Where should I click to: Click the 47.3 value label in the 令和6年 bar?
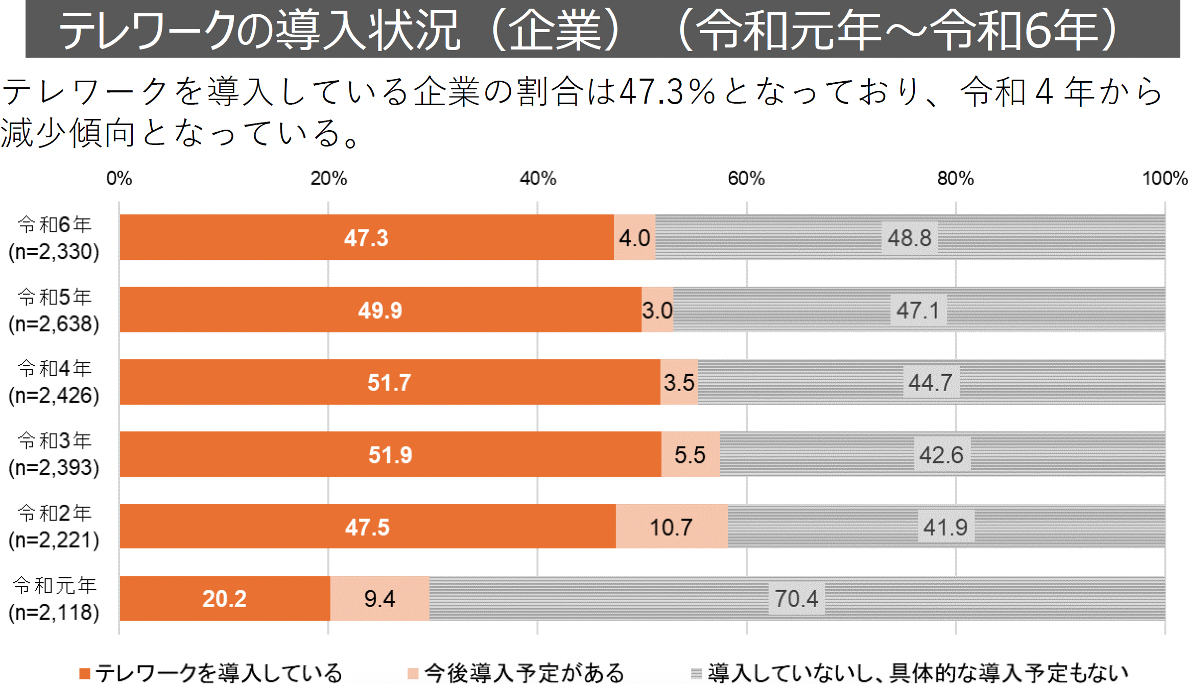pyautogui.click(x=366, y=238)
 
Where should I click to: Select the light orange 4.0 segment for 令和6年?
pyautogui.click(x=634, y=238)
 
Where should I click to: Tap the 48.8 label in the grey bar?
pyautogui.click(x=909, y=238)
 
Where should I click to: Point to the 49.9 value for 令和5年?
pyautogui.click(x=380, y=310)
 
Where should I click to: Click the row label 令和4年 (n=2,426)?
pyautogui.click(x=54, y=382)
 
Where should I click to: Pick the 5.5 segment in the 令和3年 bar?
pyautogui.click(x=690, y=455)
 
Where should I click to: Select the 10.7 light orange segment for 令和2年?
pyautogui.click(x=671, y=527)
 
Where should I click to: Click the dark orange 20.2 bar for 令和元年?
pyautogui.click(x=224, y=599)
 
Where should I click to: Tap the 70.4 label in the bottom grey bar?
pyautogui.click(x=796, y=599)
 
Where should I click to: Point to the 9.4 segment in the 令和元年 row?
pyautogui.click(x=379, y=599)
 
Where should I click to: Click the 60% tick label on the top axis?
pyautogui.click(x=746, y=178)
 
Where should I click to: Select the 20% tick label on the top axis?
pyautogui.click(x=328, y=178)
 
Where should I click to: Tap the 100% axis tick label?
pyautogui.click(x=1165, y=178)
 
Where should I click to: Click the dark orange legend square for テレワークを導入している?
pyautogui.click(x=85, y=673)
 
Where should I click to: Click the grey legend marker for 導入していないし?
pyautogui.click(x=696, y=673)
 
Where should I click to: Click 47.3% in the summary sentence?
pyautogui.click(x=667, y=92)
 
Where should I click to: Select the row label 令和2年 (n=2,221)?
pyautogui.click(x=54, y=526)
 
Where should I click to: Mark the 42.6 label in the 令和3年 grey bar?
pyautogui.click(x=941, y=455)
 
